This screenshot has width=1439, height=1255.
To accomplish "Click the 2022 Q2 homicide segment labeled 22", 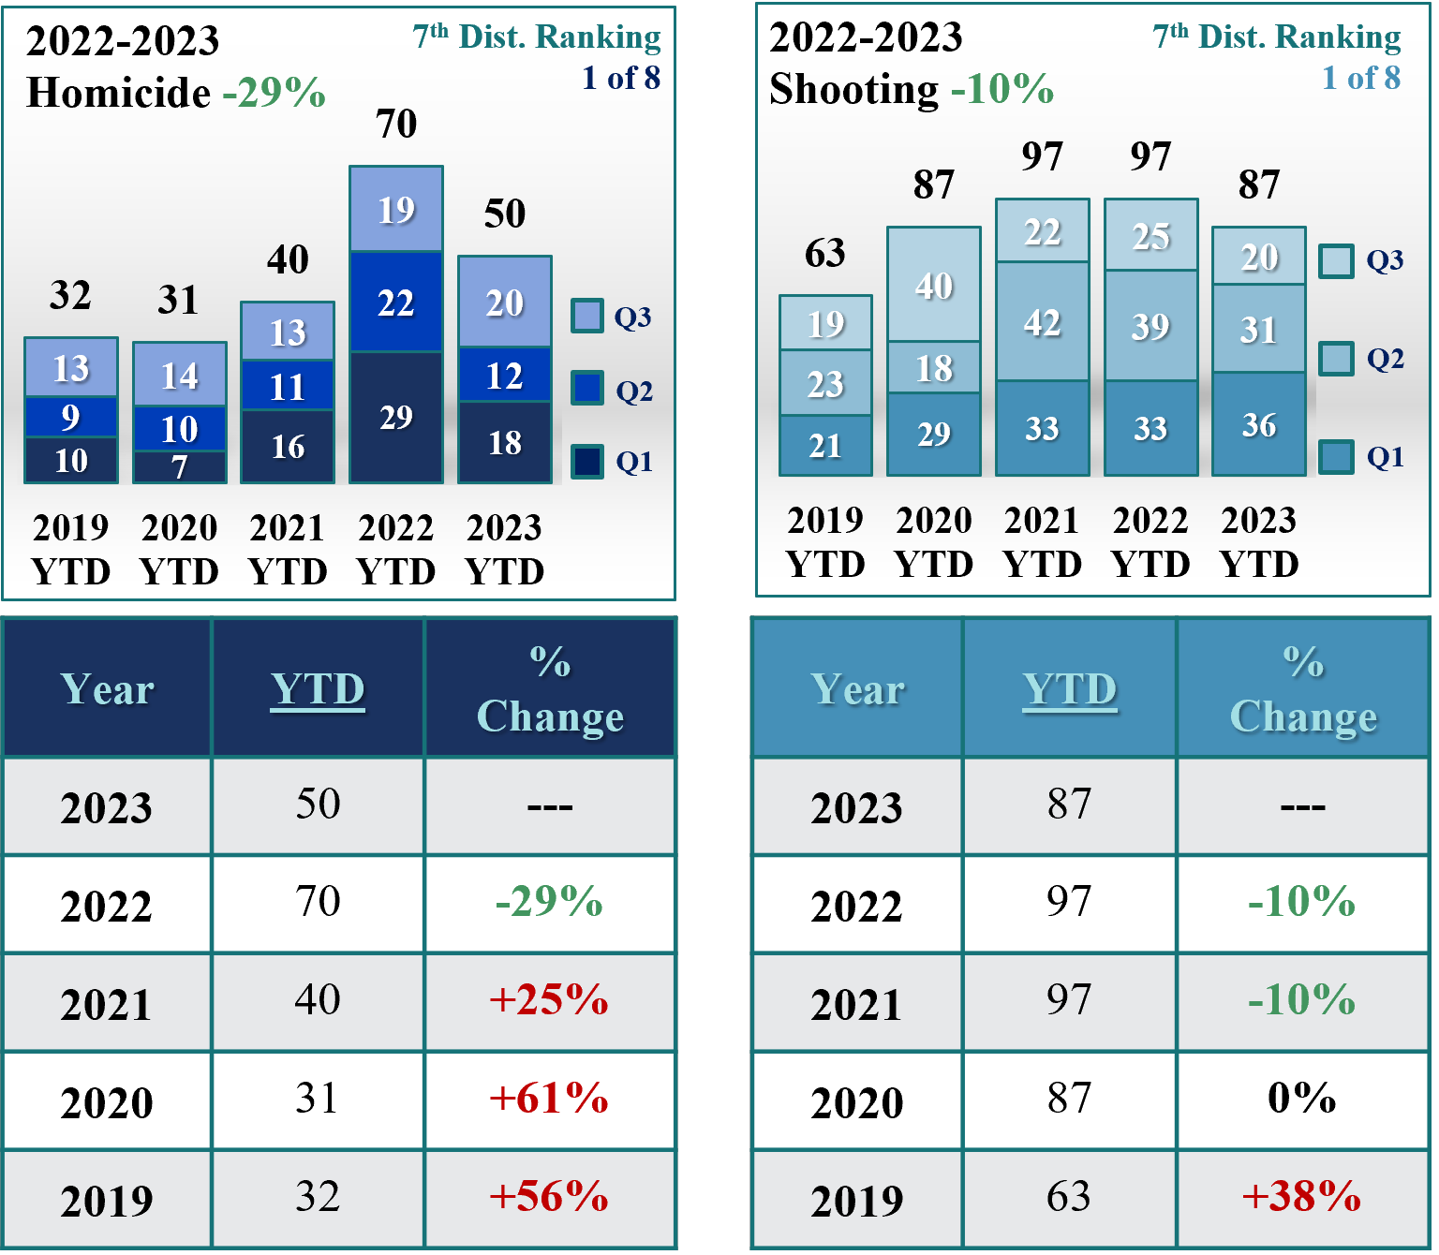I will tap(395, 303).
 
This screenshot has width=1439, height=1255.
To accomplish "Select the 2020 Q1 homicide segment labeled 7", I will tap(179, 466).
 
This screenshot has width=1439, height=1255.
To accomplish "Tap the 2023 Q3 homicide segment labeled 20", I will tap(504, 303).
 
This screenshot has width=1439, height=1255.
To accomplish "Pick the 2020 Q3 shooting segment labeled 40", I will tap(933, 285).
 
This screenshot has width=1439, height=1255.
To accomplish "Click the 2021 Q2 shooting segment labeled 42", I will tap(1042, 322).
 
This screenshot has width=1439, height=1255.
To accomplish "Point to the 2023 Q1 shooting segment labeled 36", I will tap(1258, 424).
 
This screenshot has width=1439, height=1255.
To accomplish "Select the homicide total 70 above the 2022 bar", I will tap(395, 124).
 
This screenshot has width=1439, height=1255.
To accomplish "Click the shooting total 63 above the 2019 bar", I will tap(824, 253).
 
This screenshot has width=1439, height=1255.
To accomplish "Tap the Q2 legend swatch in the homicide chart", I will tap(587, 388).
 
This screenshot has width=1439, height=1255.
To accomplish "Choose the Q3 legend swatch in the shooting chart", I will tap(1336, 260).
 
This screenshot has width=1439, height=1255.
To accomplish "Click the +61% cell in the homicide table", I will tap(549, 1099).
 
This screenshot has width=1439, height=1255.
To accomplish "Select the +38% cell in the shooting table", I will tap(1301, 1197).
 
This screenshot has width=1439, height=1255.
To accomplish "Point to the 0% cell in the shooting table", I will tap(1301, 1099).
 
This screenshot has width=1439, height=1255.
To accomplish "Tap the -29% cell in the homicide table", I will tap(549, 902).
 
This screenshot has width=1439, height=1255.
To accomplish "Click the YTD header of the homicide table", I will tap(318, 689).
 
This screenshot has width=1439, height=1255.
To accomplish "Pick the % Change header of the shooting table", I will tap(1302, 689).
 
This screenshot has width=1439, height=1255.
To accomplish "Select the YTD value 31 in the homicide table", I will tap(317, 1099).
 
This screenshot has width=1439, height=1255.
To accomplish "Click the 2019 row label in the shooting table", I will tap(856, 1200).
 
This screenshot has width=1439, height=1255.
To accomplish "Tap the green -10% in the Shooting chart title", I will tap(1001, 90).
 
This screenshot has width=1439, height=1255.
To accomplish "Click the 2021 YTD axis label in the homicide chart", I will tap(287, 549).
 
